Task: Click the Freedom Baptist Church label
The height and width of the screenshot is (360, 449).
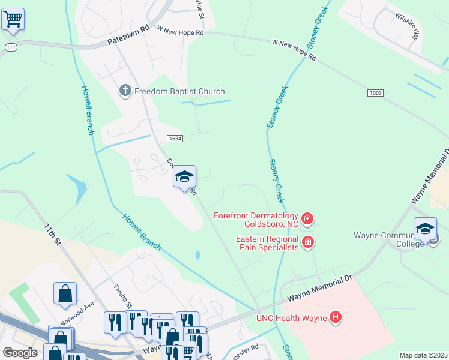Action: pyautogui.click(x=179, y=92)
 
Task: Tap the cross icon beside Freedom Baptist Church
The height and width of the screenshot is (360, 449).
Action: pyautogui.click(x=125, y=91)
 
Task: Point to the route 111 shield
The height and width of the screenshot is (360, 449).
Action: pyautogui.click(x=10, y=47)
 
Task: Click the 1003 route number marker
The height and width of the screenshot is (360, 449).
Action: pyautogui.click(x=375, y=93)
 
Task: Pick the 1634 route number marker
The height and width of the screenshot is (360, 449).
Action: pyautogui.click(x=175, y=138)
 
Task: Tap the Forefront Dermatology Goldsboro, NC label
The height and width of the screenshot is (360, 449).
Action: pyautogui.click(x=256, y=220)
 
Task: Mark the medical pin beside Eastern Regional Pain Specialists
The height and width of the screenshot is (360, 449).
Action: pyautogui.click(x=307, y=242)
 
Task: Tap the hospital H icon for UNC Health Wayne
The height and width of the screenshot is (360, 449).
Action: pyautogui.click(x=336, y=317)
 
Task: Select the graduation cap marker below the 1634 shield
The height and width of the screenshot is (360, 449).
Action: pyautogui.click(x=184, y=176)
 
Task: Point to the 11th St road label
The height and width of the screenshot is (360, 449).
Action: pyautogui.click(x=53, y=235)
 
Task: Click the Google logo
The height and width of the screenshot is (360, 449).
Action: pyautogui.click(x=20, y=353)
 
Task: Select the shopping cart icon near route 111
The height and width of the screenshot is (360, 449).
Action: pyautogui.click(x=13, y=19)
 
